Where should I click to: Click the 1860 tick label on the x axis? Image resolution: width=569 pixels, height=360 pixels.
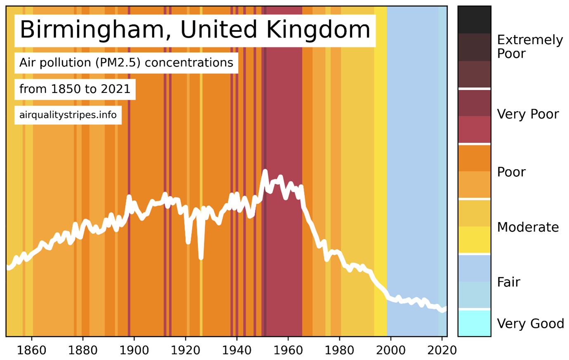[x=32, y=350]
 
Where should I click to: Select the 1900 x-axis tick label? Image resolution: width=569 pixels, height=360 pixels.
[x=134, y=350]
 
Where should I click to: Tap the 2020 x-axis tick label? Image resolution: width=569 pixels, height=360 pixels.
[x=442, y=350]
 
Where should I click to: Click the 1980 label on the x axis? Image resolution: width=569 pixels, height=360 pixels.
[x=340, y=350]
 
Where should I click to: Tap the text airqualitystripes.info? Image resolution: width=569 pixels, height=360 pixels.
[x=68, y=115]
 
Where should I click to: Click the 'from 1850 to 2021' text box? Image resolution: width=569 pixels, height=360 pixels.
[x=75, y=89]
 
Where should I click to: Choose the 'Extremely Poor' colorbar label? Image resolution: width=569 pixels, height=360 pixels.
[x=529, y=47]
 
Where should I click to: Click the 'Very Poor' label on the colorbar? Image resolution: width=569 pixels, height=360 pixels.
[x=528, y=114]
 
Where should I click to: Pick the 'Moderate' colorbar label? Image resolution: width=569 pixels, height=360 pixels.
[x=528, y=227]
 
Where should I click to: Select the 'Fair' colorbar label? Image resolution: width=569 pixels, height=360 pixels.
[x=508, y=282]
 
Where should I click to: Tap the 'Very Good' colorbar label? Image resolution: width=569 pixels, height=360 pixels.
[x=530, y=323]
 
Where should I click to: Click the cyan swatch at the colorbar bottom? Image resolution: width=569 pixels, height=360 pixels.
[x=474, y=323]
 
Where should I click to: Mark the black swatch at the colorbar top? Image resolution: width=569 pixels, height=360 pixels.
[x=474, y=20]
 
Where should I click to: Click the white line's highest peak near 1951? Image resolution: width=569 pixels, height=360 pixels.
[x=265, y=171]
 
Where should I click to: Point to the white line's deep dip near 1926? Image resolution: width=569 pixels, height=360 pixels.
[x=201, y=258]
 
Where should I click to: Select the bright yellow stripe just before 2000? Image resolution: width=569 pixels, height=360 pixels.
[x=380, y=165]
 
